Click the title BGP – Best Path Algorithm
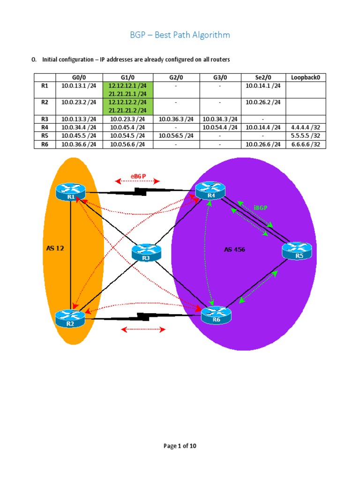click(180, 35)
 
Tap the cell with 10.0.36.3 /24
click(176, 119)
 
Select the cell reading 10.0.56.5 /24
click(176, 135)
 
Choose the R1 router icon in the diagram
click(70, 192)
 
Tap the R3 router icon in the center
click(146, 253)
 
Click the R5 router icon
click(296, 251)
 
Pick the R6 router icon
click(216, 314)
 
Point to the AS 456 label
click(234, 249)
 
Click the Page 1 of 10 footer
click(180, 446)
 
